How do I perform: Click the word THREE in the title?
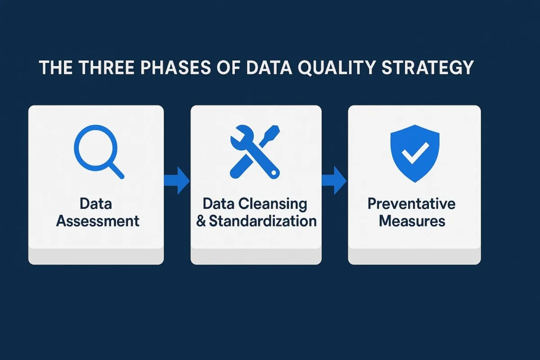pos(107,67)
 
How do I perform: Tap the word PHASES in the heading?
pos(175,67)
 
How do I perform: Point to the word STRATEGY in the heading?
pos(428,67)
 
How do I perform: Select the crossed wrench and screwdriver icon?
pos(255,152)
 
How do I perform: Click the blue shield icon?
pos(414,153)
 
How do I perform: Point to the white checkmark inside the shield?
pos(415,153)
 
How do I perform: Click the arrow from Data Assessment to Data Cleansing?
pos(177,180)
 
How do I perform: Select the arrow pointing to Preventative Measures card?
pos(334,180)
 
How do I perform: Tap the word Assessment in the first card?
pos(98,221)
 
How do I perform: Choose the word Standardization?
pos(263,221)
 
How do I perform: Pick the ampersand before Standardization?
pos(201,221)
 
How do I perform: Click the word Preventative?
pos(411,204)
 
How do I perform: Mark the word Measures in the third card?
pos(412,221)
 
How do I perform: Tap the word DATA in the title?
pos(269,67)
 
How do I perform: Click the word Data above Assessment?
pos(96,204)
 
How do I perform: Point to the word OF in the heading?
pos(228,67)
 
